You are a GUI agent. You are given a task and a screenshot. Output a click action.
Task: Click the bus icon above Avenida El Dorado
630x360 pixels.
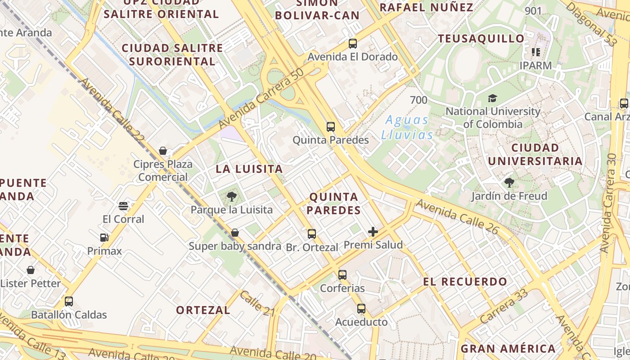(x=353, y=44)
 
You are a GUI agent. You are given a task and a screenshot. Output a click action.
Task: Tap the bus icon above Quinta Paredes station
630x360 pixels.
(x=331, y=127)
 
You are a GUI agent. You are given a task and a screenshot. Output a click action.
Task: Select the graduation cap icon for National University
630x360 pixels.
(x=493, y=98)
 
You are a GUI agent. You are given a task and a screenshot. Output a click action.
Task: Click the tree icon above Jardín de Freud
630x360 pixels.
(x=509, y=183)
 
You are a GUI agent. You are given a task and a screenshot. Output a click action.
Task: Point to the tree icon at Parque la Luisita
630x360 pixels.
(x=232, y=196)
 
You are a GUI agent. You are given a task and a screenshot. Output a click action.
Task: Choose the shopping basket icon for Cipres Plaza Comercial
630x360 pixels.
(x=163, y=151)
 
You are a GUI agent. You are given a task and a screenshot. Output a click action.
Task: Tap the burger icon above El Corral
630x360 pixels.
(x=123, y=206)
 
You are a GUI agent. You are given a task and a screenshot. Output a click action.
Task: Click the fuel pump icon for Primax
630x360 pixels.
(x=104, y=238)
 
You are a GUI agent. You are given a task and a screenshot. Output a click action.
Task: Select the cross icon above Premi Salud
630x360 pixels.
(x=373, y=232)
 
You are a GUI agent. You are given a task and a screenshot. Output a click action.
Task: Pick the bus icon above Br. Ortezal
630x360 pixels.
(x=312, y=234)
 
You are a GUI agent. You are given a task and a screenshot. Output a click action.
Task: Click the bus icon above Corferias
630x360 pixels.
(x=342, y=274)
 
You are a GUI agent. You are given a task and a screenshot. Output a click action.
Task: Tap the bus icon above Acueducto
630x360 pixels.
(x=361, y=309)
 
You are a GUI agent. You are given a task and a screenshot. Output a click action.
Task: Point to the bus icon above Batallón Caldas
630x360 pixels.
(x=69, y=301)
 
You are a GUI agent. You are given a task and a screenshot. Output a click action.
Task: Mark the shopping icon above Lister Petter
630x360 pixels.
(x=31, y=270)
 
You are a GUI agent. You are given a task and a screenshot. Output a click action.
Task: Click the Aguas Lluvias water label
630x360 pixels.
(x=407, y=127)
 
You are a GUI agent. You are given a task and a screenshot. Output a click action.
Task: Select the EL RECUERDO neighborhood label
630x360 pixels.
(x=465, y=282)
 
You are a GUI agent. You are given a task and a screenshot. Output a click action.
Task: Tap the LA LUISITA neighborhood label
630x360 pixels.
(x=249, y=169)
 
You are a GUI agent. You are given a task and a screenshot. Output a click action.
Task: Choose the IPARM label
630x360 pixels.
(x=535, y=65)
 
